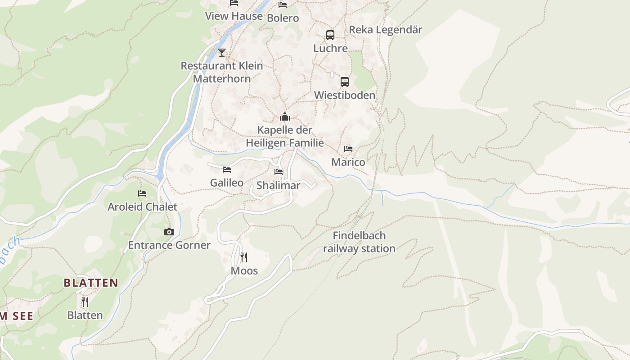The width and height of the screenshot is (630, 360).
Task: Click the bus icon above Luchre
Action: [x=330, y=35]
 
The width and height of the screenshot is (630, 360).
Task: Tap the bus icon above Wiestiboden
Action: [x=344, y=81]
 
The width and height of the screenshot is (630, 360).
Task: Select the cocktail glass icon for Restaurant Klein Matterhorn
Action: [x=221, y=53]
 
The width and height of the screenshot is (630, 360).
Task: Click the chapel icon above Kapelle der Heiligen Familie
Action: [x=284, y=117]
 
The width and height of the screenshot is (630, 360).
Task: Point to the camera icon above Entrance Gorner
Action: [x=169, y=232]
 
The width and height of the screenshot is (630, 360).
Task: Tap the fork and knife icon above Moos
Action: [x=244, y=257]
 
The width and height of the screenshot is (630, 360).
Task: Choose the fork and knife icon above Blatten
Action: [x=85, y=301]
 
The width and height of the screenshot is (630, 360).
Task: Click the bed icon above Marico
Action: [x=348, y=149]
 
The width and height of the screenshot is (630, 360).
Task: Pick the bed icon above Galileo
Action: [x=227, y=170]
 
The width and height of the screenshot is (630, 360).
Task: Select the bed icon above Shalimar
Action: [x=279, y=172]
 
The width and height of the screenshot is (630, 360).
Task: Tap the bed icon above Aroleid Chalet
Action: [x=142, y=193]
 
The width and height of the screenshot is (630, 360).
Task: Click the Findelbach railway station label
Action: [x=359, y=242]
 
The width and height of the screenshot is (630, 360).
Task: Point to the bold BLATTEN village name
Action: [x=91, y=283]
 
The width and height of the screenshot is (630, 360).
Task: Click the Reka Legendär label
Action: [x=386, y=30]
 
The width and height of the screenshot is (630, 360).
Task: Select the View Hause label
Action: [x=234, y=16]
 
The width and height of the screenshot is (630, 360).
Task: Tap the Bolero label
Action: [x=283, y=18]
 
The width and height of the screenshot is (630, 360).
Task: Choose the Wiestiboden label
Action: [x=344, y=95]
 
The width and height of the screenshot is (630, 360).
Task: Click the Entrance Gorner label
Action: [x=169, y=245]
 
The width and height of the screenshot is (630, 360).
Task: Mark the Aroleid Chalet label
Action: [x=142, y=207]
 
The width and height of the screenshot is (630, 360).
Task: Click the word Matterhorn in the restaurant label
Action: [x=222, y=78]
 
